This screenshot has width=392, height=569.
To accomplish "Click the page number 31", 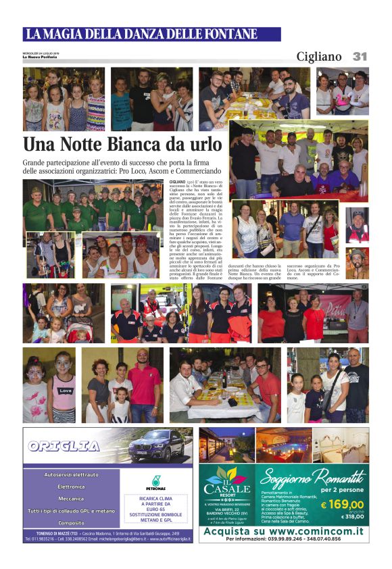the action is tap(360, 57).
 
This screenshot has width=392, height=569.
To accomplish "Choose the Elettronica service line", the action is tap(71, 487).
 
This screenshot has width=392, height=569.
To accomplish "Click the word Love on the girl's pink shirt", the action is tap(66, 390).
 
